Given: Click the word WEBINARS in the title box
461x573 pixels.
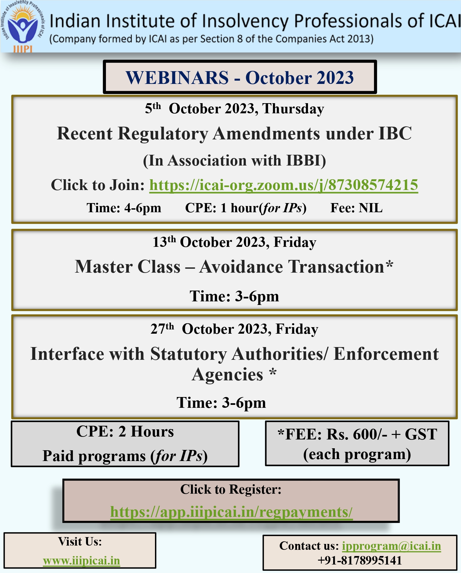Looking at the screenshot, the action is (177, 78).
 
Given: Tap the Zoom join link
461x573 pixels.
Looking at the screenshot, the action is (284, 185).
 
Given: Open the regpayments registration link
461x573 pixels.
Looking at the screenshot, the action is (231, 512).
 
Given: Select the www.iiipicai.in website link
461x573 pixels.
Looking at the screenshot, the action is (81, 561).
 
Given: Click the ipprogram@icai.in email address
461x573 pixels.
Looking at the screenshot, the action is (391, 546).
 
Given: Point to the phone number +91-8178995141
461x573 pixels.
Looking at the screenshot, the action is (360, 560).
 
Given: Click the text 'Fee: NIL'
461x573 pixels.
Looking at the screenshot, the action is (356, 208).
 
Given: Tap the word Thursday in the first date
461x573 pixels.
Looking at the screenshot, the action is (293, 109).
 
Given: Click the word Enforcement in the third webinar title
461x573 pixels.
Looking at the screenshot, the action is (386, 354).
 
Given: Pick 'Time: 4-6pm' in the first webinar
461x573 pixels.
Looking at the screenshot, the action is (124, 208).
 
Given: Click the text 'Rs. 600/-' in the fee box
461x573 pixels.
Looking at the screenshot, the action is (357, 435).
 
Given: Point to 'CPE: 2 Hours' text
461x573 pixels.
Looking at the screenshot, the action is (125, 431).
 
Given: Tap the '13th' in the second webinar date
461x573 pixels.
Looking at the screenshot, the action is (164, 242).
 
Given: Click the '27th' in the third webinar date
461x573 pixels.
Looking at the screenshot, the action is (162, 328).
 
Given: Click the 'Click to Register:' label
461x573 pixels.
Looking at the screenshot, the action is (231, 489).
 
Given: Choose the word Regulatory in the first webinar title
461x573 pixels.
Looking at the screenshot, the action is (163, 134).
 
